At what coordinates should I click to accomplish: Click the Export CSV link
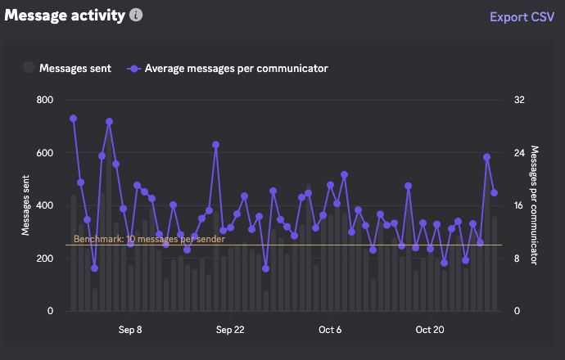(521, 16)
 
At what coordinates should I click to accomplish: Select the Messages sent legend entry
(67, 68)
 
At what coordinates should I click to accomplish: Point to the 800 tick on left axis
(45, 100)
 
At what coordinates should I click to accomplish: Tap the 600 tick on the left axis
(45, 153)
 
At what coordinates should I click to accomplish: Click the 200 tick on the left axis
(45, 259)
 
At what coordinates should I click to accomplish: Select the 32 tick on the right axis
(518, 100)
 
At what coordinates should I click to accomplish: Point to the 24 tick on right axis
(518, 153)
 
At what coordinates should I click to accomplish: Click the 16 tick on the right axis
(518, 205)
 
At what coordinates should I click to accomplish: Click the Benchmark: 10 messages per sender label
(149, 239)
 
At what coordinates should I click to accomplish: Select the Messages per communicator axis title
(535, 205)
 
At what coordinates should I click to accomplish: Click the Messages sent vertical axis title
(26, 205)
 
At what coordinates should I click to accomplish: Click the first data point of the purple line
(73, 118)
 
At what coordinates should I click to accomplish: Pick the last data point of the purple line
(495, 193)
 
